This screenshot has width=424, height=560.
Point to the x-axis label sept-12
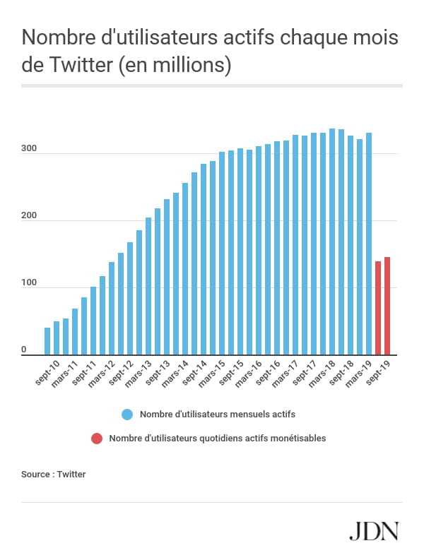point(120,372)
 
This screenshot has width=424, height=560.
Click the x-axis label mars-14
point(175,372)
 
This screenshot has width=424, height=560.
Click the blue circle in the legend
point(127,415)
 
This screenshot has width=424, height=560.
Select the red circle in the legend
point(97,439)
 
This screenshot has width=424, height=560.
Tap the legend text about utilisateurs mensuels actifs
point(218,415)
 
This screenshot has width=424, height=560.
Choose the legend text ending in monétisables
point(218,439)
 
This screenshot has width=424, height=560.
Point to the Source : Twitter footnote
point(54,475)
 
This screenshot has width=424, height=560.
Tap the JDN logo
point(375,531)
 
